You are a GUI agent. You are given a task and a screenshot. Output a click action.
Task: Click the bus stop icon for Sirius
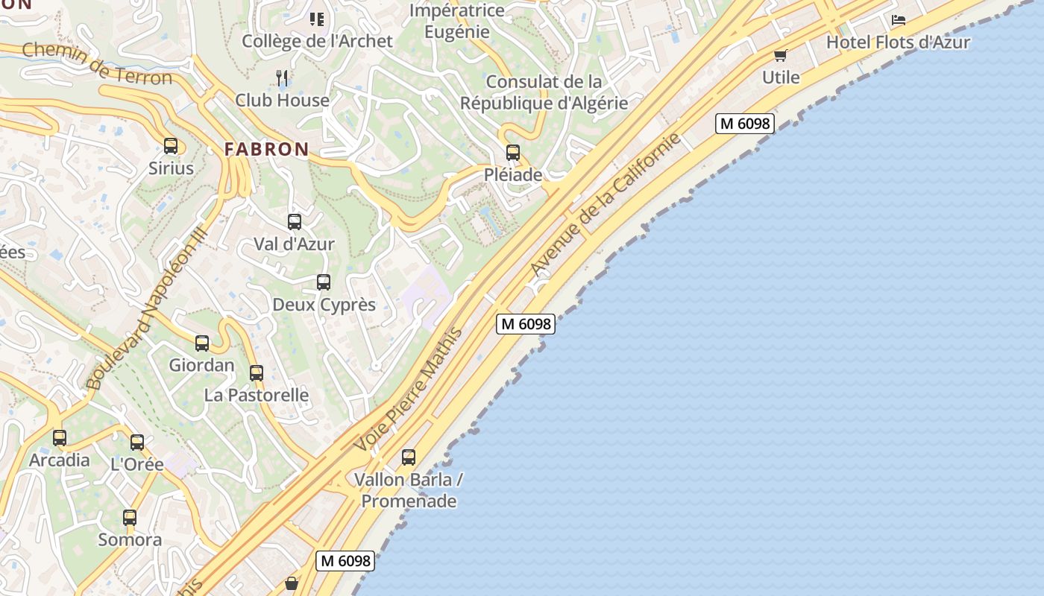pyautogui.click(x=171, y=146)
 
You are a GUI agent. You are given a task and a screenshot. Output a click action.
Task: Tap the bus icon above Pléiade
pyautogui.click(x=513, y=153)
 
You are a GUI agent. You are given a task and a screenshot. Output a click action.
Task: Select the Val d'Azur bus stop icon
pyautogui.click(x=295, y=222)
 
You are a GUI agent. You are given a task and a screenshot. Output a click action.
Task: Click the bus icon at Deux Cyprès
pyautogui.click(x=324, y=282)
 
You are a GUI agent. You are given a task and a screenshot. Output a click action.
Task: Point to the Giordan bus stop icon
pyautogui.click(x=202, y=343)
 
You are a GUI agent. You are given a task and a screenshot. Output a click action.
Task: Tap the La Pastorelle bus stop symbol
pyautogui.click(x=257, y=372)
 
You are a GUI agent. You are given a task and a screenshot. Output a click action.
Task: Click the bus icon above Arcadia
pyautogui.click(x=60, y=438)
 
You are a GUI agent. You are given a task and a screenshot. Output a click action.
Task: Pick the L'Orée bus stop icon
pyautogui.click(x=137, y=443)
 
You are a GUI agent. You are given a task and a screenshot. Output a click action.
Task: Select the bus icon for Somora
pyautogui.click(x=130, y=518)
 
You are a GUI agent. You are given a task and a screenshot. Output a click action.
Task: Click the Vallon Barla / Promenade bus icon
pyautogui.click(x=409, y=457)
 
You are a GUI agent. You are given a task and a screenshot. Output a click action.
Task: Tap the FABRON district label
pyautogui.click(x=266, y=149)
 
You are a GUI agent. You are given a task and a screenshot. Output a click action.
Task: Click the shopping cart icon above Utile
pyautogui.click(x=781, y=55)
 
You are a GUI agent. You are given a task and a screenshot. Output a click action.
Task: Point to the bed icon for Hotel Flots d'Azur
pyautogui.click(x=899, y=20)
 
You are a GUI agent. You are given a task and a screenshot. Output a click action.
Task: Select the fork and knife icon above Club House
pyautogui.click(x=282, y=77)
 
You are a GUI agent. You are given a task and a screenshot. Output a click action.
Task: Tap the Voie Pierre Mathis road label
pyautogui.click(x=409, y=390)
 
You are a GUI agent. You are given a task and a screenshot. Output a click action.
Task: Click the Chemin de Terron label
pyautogui.click(x=97, y=63)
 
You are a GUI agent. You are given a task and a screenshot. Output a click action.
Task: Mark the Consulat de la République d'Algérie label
pyautogui.click(x=544, y=92)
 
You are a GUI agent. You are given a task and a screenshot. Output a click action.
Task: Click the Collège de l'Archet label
pyautogui.click(x=317, y=41)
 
